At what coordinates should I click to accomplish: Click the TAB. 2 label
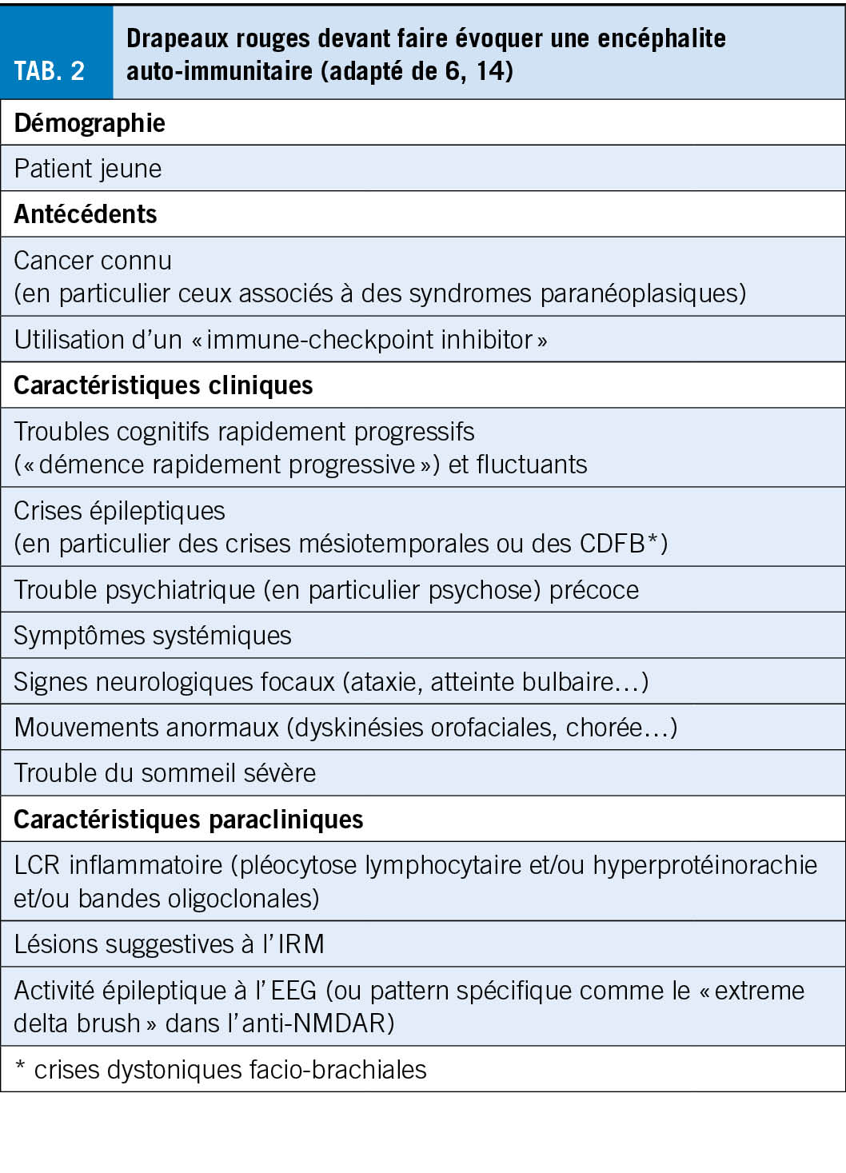click(x=50, y=71)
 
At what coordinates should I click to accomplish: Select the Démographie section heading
click(x=90, y=123)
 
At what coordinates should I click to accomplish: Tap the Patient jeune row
click(x=88, y=169)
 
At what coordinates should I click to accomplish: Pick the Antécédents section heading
click(x=86, y=214)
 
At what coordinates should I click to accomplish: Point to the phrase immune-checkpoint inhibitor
click(x=369, y=340)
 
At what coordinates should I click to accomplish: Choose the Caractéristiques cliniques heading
click(x=163, y=385)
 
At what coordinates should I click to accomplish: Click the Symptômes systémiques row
click(x=153, y=636)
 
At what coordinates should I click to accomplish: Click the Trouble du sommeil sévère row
click(x=165, y=773)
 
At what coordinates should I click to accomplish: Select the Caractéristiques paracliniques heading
click(x=189, y=820)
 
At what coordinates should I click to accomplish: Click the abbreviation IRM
click(x=301, y=944)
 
